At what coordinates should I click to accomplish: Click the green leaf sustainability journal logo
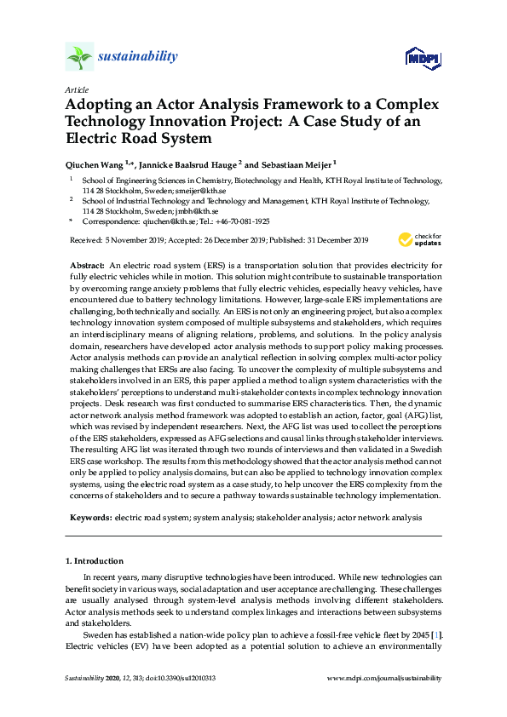pyautogui.click(x=79, y=57)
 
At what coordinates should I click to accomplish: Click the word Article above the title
pyautogui.click(x=76, y=89)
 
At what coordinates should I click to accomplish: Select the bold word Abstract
pyautogui.click(x=88, y=267)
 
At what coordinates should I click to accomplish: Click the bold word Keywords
pyautogui.click(x=89, y=517)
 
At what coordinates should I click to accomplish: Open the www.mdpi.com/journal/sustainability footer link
pyautogui.click(x=384, y=678)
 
